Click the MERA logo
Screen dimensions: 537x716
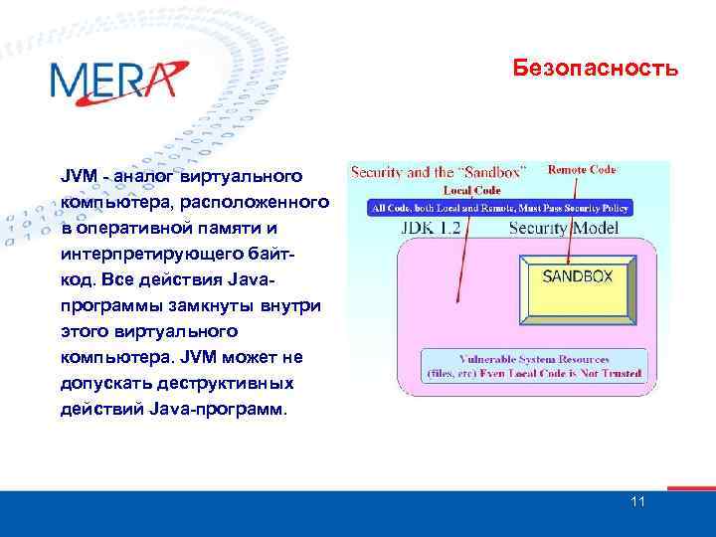tap(117, 80)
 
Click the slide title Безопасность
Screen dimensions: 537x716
tap(596, 69)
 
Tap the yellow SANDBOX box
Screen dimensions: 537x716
tap(577, 276)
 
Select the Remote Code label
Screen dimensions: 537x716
tap(582, 170)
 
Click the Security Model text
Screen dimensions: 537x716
tap(563, 228)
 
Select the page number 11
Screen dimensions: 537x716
tap(637, 501)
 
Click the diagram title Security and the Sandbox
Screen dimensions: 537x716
tap(439, 171)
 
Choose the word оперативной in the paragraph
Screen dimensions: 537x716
tap(125, 229)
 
